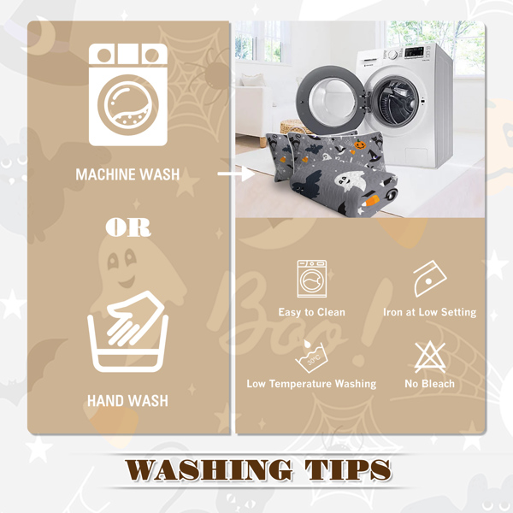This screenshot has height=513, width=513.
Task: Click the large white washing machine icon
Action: [128, 95]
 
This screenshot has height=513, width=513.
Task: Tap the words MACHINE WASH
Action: [127, 174]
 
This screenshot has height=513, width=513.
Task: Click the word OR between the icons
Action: [128, 227]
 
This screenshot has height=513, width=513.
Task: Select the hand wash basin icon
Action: [128, 332]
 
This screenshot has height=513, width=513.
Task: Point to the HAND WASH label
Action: [127, 401]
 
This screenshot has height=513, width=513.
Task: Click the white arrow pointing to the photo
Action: [236, 174]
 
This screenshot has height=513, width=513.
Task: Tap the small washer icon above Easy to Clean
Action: [312, 279]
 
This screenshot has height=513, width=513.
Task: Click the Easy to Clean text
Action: [312, 312]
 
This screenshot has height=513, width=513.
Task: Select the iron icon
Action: [429, 279]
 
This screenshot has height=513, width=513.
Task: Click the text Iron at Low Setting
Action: [429, 312]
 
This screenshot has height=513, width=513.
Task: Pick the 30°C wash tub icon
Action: [311, 357]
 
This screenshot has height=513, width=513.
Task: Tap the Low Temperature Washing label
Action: [311, 383]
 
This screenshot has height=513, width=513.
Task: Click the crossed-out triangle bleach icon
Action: [430, 357]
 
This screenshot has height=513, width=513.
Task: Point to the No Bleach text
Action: [429, 383]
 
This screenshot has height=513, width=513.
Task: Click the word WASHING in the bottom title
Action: [209, 469]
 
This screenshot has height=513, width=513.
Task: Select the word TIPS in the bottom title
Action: [348, 469]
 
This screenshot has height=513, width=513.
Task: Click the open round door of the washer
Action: [330, 99]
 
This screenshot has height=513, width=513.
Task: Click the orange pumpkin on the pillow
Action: [360, 144]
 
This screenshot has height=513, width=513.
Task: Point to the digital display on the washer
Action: [415, 52]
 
